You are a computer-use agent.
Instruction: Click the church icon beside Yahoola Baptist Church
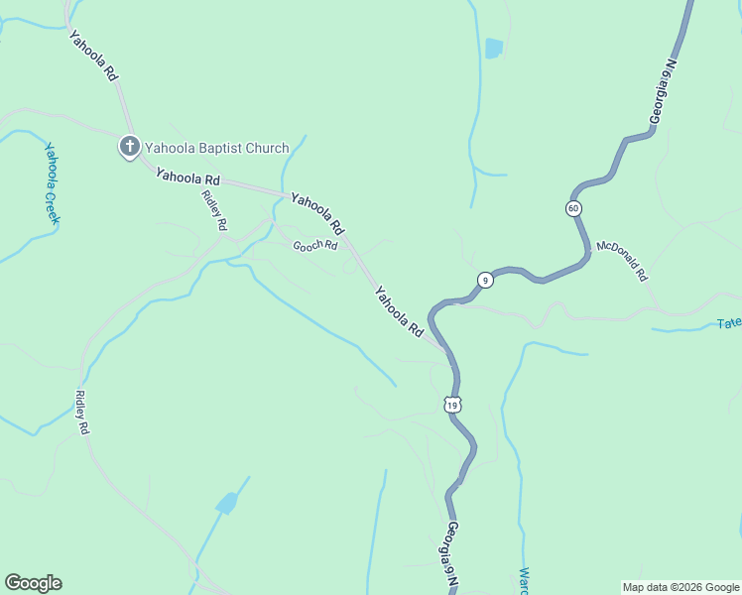129,147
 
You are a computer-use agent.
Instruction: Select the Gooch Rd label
315,245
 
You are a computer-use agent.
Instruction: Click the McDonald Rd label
622,260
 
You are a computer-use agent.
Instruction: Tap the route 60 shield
573,208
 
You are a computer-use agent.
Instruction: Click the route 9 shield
484,280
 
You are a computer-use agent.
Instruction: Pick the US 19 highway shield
452,405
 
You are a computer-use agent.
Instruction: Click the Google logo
33,583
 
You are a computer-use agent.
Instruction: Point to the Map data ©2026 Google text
681,587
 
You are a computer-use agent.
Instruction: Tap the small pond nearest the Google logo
227,504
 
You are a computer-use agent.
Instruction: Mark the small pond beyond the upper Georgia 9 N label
493,48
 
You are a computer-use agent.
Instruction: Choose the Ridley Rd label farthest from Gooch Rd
83,413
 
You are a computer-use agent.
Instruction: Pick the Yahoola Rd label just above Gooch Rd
317,209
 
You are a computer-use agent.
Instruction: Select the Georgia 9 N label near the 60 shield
663,92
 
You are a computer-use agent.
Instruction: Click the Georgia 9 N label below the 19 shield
452,555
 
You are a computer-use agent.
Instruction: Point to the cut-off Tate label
729,323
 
